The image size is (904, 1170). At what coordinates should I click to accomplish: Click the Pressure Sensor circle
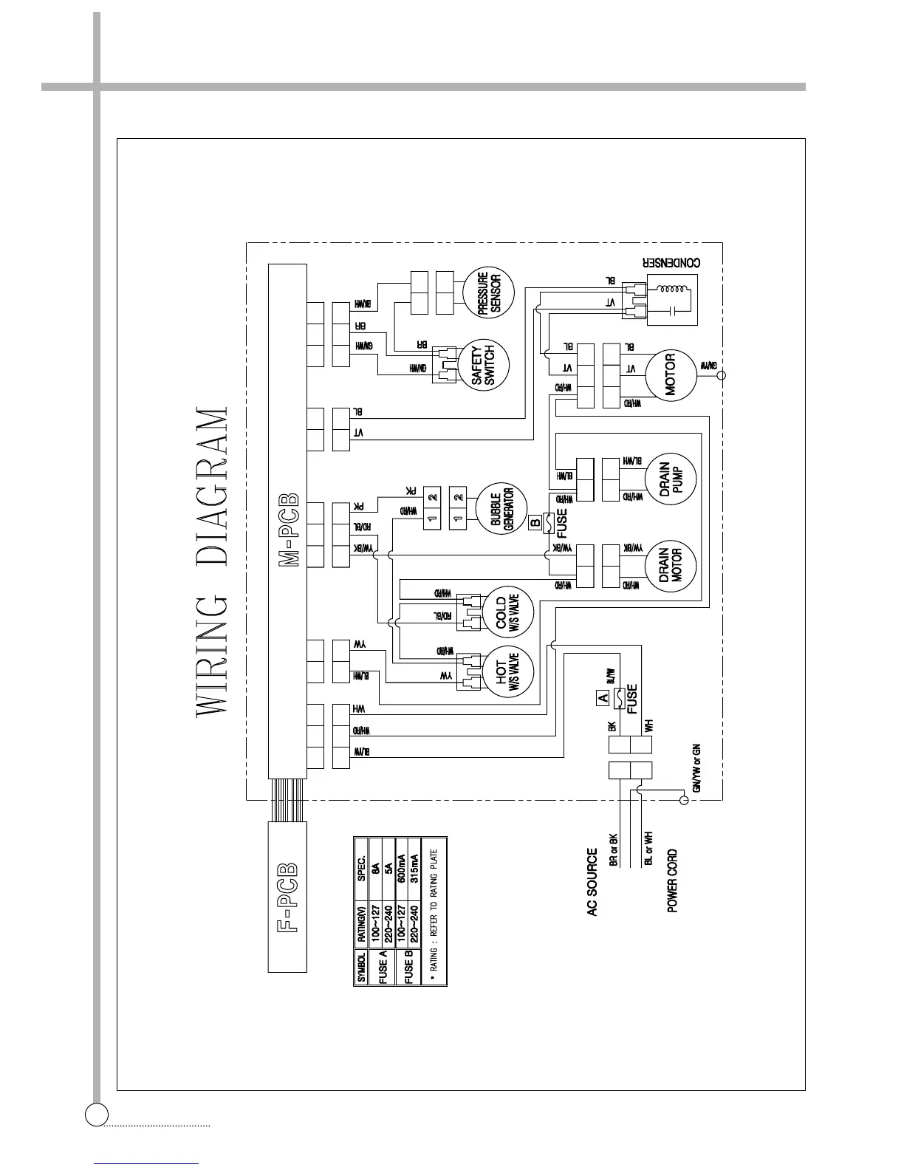coord(489,293)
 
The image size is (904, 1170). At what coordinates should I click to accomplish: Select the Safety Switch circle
coord(486,366)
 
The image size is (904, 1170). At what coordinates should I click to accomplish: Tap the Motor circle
coord(671,375)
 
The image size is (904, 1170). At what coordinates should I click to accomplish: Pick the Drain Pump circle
coord(671,479)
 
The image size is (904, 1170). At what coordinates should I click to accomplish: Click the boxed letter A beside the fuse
coord(603,697)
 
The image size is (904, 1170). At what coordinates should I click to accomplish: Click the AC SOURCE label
coord(592,883)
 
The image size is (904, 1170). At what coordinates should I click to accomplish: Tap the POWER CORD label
coord(672,880)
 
